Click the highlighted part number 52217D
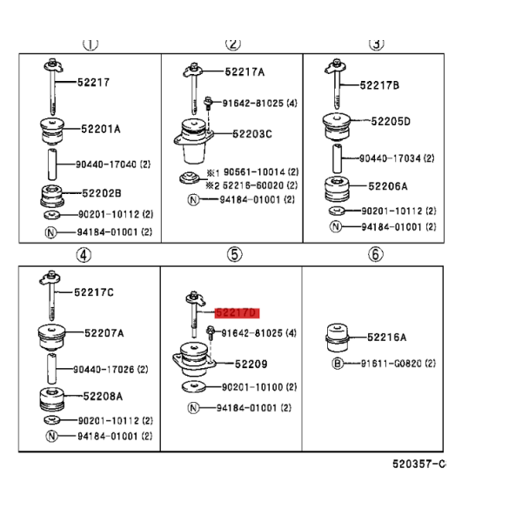click(237, 313)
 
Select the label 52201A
click(101, 129)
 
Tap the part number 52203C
click(252, 134)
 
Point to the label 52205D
click(391, 122)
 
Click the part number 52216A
click(386, 338)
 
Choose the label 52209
click(251, 365)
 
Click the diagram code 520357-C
click(418, 464)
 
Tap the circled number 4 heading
click(84, 255)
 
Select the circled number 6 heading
click(376, 254)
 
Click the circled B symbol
click(338, 363)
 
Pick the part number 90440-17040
click(106, 164)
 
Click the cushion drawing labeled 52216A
click(338, 338)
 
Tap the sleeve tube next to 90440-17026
click(51, 369)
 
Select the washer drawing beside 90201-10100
click(194, 386)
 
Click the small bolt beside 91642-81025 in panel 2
click(208, 103)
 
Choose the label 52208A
click(103, 396)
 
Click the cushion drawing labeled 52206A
click(338, 189)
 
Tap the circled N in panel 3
click(336, 227)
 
